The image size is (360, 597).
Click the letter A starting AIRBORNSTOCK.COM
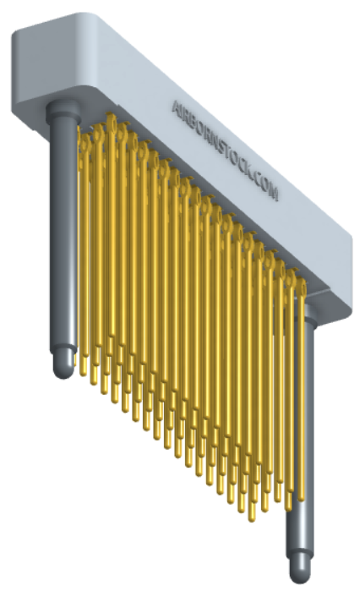pyautogui.click(x=176, y=107)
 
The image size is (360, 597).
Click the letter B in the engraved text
pyautogui.click(x=193, y=122)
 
